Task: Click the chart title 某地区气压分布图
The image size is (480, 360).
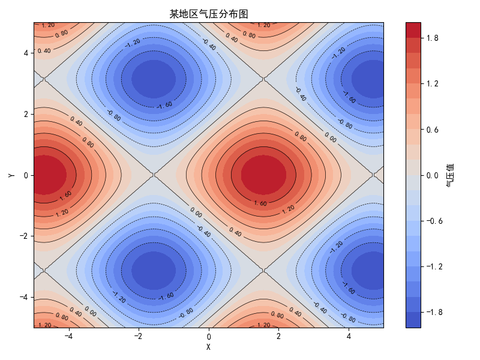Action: (x=209, y=14)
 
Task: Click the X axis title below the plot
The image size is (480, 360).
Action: (x=209, y=347)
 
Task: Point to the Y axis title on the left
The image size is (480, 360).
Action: (x=11, y=175)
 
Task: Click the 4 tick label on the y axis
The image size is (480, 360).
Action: (x=26, y=53)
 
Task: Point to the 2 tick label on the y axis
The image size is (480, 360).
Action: (x=26, y=114)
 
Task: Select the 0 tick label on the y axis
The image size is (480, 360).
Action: (x=26, y=175)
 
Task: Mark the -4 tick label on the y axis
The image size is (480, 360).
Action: (x=24, y=297)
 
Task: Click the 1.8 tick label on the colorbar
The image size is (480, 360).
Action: (x=432, y=38)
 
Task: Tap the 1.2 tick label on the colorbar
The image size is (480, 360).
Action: (x=432, y=83)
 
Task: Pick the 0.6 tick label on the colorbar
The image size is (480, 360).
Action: (x=432, y=130)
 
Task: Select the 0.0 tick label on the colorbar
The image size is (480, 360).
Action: (x=432, y=175)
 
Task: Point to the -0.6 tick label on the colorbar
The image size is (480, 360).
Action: (x=434, y=221)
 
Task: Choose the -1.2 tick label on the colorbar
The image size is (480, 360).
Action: (x=434, y=266)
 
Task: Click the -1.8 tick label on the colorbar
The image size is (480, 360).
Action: (x=434, y=312)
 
